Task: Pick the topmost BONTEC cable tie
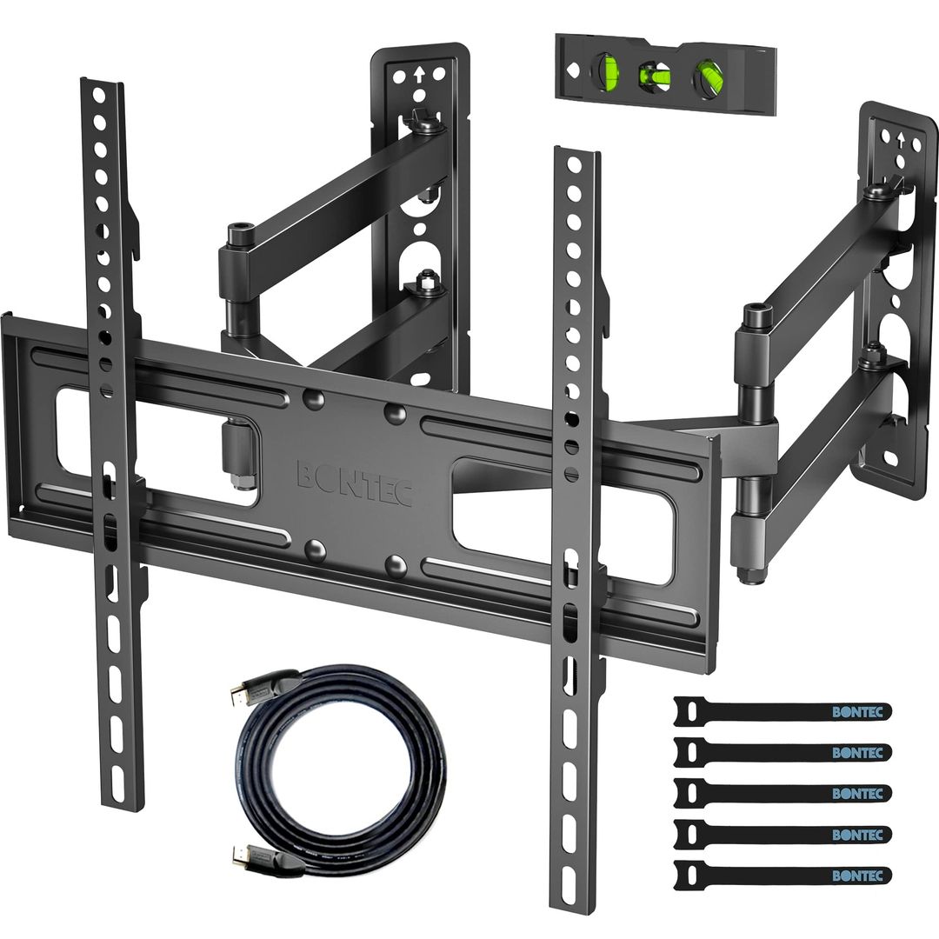[x=782, y=710]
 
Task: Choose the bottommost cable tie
[x=782, y=875]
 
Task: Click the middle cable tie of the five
[x=782, y=793]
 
